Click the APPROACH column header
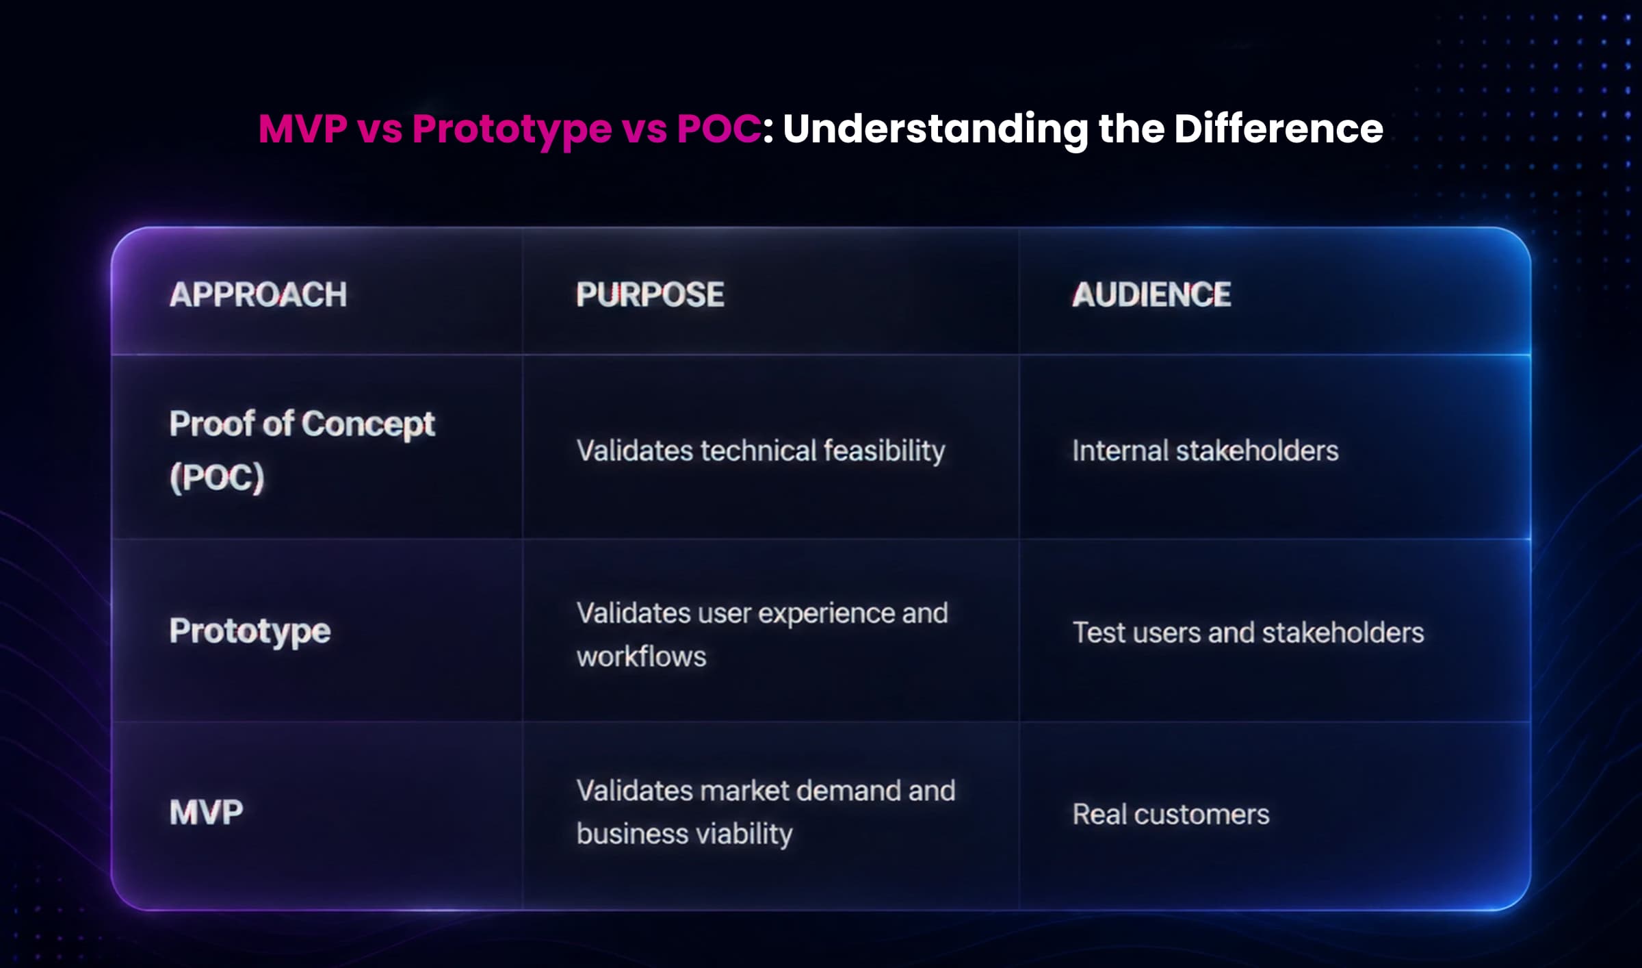tap(258, 295)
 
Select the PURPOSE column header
tap(650, 295)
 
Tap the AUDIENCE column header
tap(1151, 295)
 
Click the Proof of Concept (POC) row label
tap(302, 450)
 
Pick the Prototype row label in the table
tap(250, 631)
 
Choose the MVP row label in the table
tap(206, 813)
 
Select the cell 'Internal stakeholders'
tap(1206, 451)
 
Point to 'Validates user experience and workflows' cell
tap(762, 635)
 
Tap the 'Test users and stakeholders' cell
tap(1248, 633)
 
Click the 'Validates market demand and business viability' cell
tap(766, 813)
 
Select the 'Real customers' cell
tap(1171, 815)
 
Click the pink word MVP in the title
tap(303, 128)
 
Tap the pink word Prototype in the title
tap(512, 130)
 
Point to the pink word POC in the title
tap(718, 128)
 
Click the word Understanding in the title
tap(935, 130)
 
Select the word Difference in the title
tap(1279, 128)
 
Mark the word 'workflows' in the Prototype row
tap(641, 657)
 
